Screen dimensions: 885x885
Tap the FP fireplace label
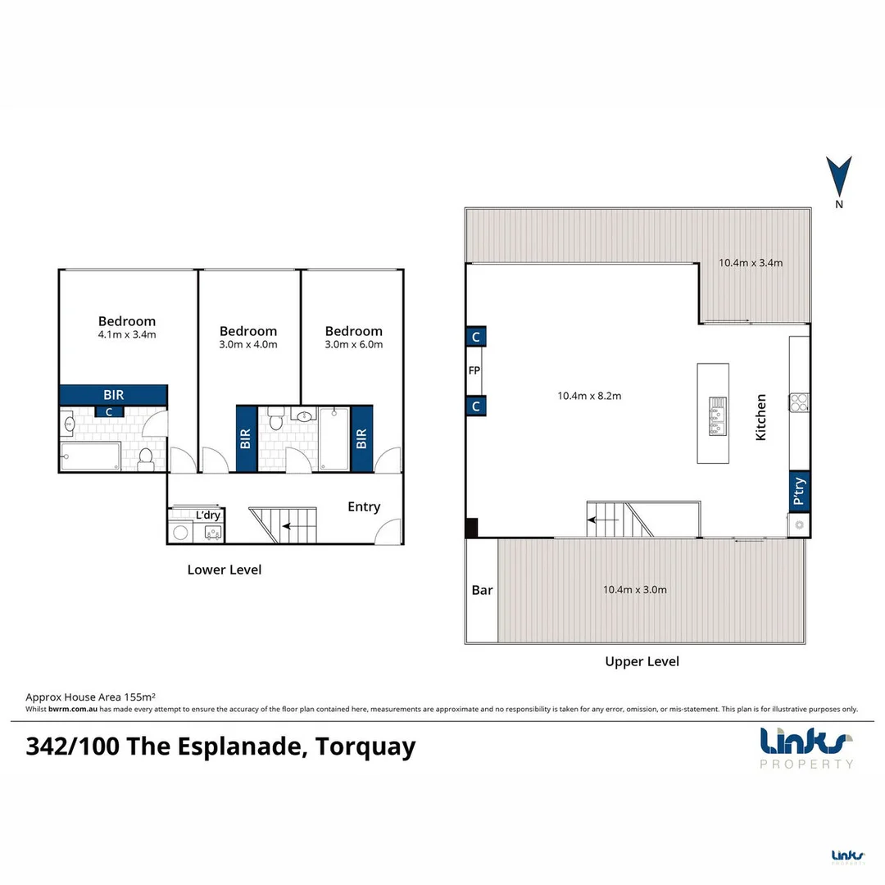(x=474, y=370)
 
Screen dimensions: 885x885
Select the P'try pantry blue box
(x=799, y=492)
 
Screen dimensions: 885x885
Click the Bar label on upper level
(x=482, y=590)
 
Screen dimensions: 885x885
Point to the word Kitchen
(x=761, y=417)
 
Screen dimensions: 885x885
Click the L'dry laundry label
(x=208, y=515)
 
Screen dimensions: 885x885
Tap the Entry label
(x=364, y=506)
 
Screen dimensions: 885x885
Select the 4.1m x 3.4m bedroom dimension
(x=127, y=334)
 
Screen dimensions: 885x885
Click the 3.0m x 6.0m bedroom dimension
(x=353, y=344)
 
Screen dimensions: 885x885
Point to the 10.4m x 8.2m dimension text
(x=589, y=395)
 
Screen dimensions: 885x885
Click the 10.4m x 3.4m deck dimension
(x=751, y=263)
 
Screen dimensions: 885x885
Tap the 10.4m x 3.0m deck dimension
(x=634, y=589)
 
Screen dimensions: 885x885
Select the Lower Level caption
(x=225, y=570)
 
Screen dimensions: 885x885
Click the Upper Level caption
(x=642, y=661)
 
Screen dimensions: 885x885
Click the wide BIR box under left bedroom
(x=114, y=394)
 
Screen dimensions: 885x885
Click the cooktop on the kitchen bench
(x=799, y=402)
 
